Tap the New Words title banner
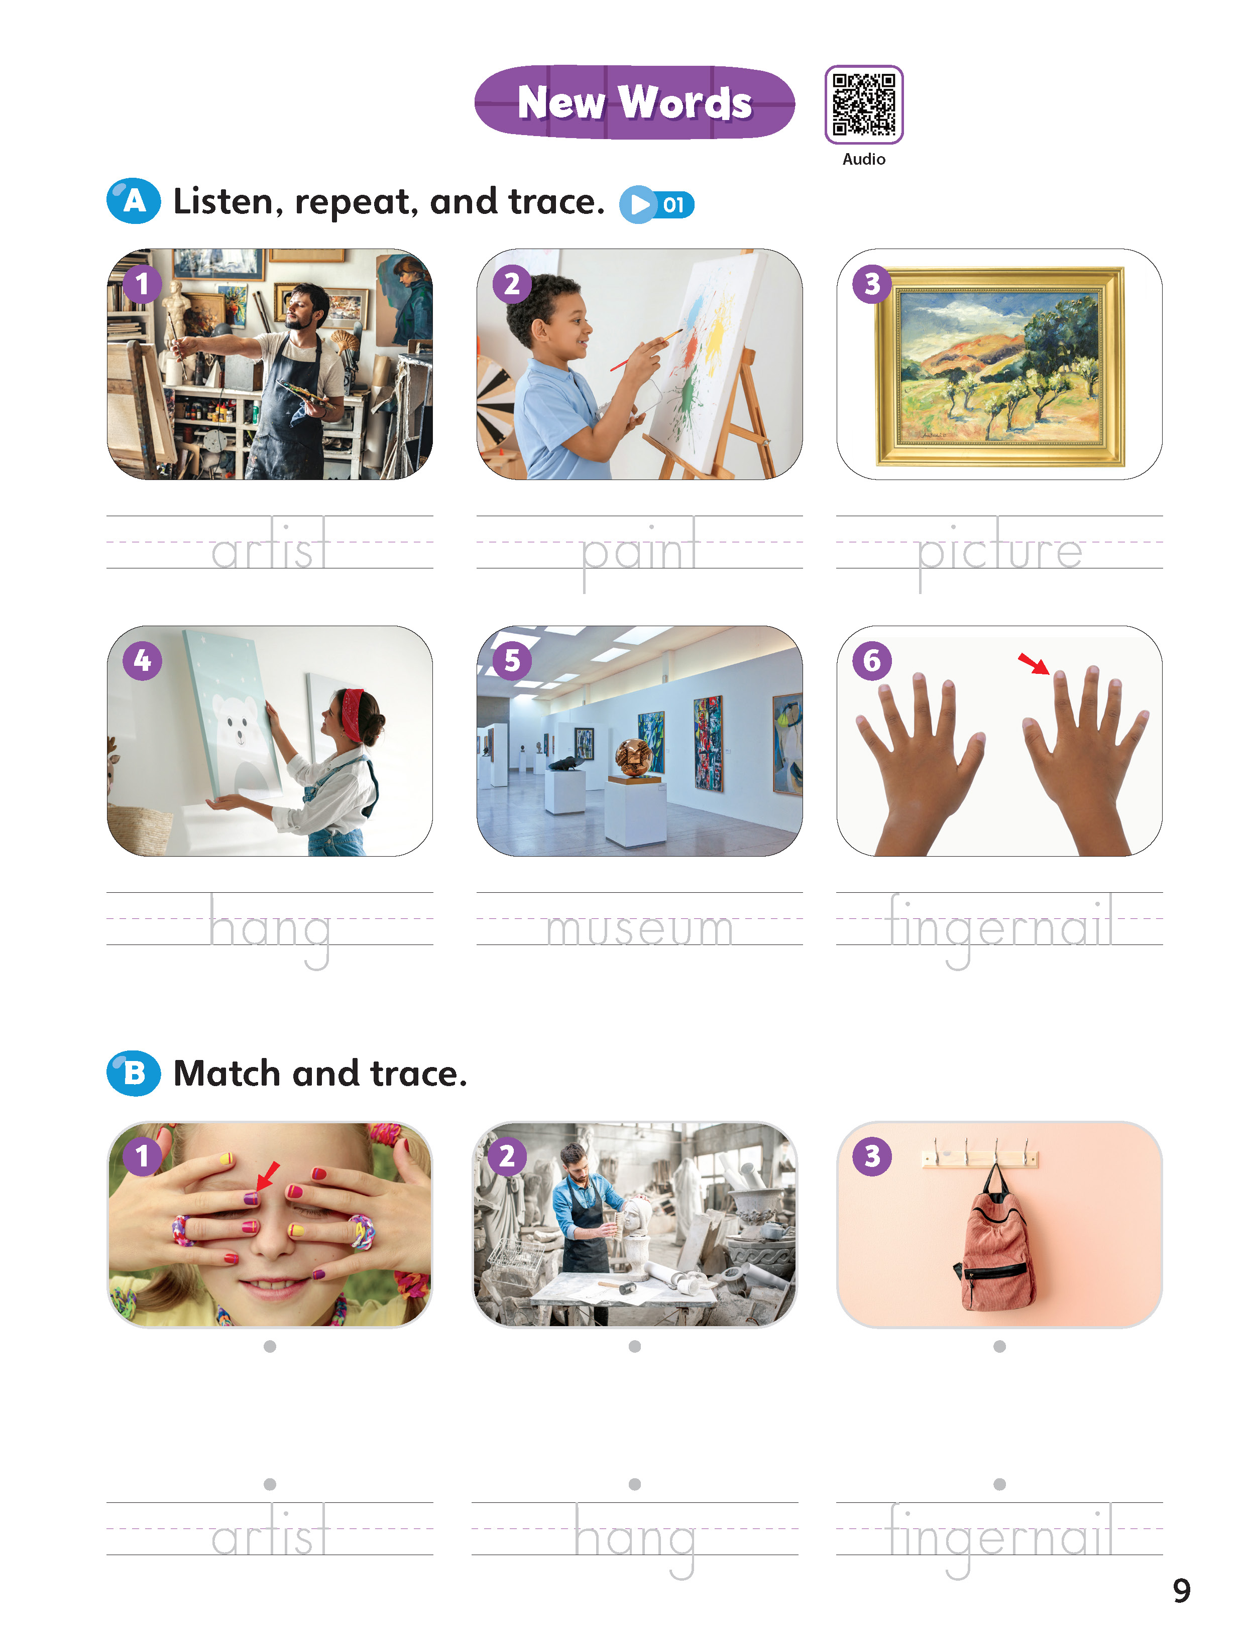(635, 102)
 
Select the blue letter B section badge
(134, 1074)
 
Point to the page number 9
(1182, 1591)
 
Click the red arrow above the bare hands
(1034, 663)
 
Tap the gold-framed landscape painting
(999, 365)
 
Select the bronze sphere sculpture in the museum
(635, 757)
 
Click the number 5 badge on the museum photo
(512, 660)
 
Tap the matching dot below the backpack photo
(999, 1346)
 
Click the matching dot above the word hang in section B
(635, 1484)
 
